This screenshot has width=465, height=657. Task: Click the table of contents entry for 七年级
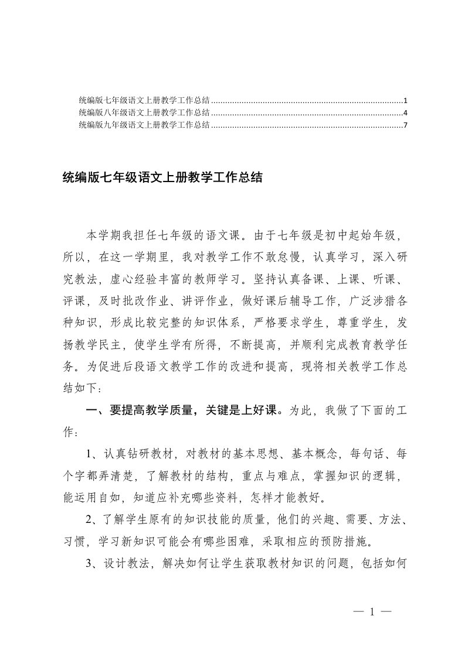144,100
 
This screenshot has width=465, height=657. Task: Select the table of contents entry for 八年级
144,112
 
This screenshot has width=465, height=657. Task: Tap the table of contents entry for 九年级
144,125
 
